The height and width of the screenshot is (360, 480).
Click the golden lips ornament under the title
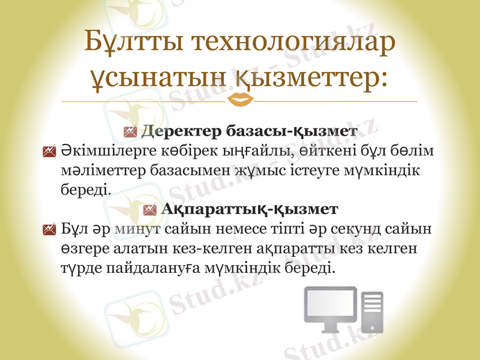point(240,99)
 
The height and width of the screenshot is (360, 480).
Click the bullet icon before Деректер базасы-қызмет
point(130,131)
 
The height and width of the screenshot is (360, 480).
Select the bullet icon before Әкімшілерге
point(50,152)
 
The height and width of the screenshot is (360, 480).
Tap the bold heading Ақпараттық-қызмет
point(250,209)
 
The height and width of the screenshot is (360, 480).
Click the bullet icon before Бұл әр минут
point(50,230)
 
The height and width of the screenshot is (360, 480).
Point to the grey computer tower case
point(372,310)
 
